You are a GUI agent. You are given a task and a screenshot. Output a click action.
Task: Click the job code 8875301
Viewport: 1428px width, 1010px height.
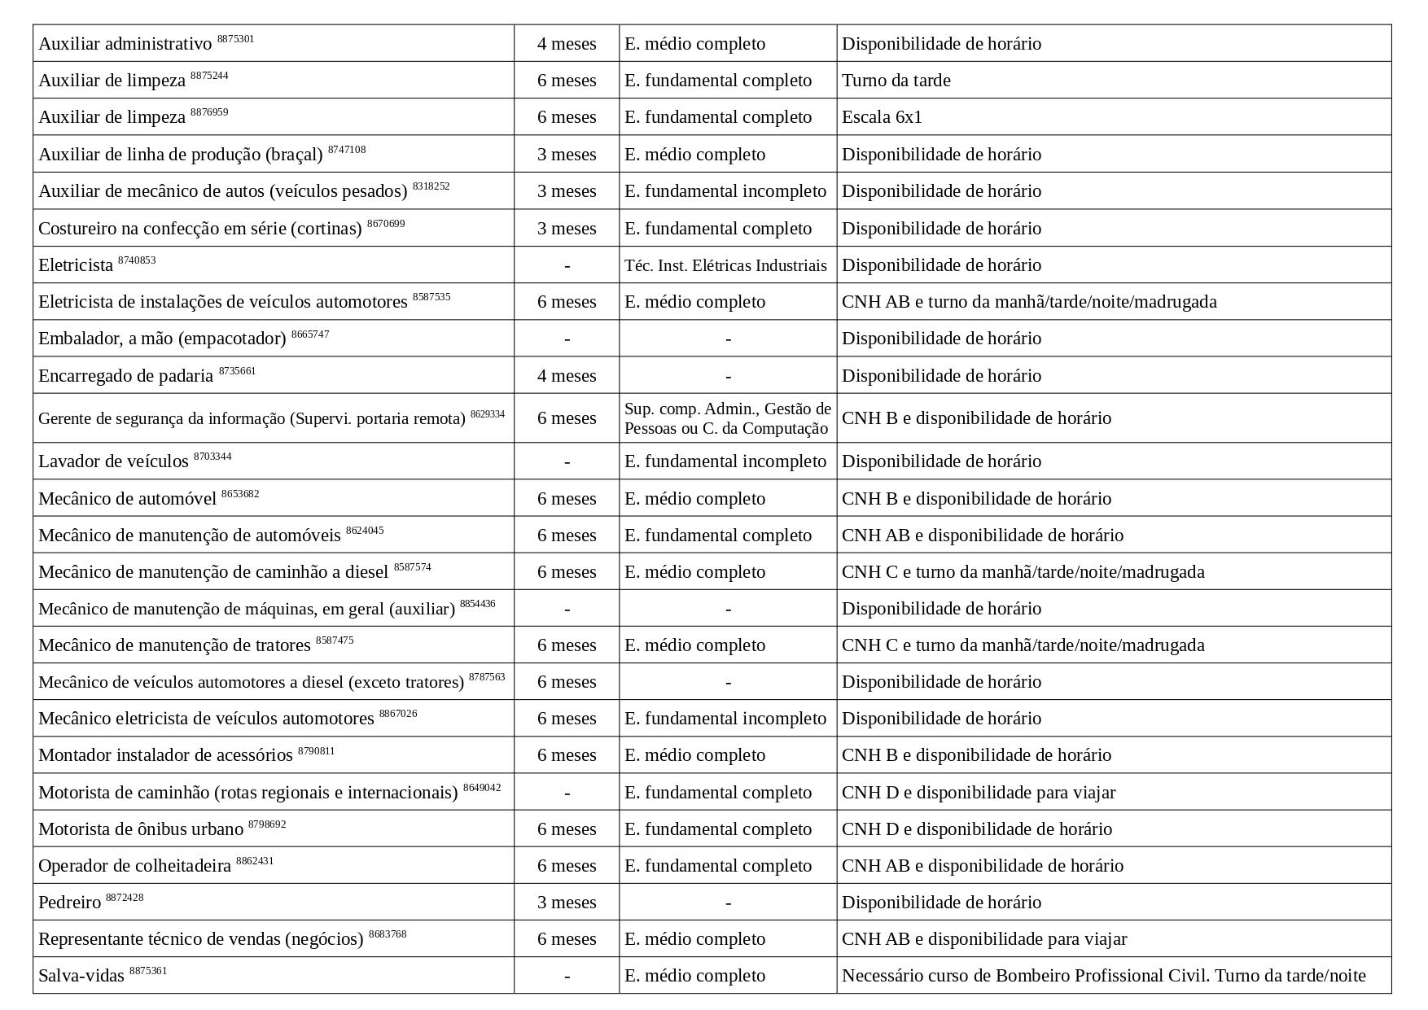[235, 39]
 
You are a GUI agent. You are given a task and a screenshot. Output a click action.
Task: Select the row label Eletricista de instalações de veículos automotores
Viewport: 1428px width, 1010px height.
[222, 302]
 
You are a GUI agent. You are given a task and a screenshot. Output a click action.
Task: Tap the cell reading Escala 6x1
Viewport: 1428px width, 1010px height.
[882, 117]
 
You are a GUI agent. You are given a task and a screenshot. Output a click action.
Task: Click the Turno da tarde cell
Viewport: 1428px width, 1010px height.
[896, 81]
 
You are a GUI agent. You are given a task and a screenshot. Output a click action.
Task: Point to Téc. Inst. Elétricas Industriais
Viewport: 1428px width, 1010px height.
[725, 265]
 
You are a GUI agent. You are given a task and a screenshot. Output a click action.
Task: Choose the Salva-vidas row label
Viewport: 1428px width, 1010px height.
[81, 976]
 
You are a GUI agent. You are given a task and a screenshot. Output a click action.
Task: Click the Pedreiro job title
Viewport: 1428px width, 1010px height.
[70, 903]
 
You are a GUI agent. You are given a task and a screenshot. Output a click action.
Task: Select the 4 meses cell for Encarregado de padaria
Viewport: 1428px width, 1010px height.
[567, 376]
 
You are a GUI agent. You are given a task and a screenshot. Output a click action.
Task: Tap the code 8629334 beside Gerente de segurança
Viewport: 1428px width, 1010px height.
[487, 414]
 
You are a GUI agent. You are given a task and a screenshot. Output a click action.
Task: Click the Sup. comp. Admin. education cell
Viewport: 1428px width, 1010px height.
[727, 418]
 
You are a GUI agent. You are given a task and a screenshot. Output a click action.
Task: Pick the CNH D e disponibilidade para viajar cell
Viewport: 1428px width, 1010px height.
[979, 793]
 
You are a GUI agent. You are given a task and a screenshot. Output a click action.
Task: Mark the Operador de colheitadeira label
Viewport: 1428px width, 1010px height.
[135, 866]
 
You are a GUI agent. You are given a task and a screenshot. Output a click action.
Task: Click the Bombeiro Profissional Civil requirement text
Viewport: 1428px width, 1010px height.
[1103, 976]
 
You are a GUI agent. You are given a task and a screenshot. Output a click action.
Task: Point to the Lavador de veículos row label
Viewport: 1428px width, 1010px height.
[113, 461]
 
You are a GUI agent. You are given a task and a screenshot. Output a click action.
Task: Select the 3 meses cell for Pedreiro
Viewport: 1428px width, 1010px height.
[567, 903]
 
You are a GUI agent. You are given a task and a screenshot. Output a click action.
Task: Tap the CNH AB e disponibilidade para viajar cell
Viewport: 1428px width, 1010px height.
[984, 939]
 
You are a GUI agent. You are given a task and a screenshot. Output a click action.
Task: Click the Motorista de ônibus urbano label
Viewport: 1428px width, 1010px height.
[141, 829]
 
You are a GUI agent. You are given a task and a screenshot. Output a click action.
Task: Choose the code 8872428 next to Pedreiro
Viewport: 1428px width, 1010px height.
[125, 898]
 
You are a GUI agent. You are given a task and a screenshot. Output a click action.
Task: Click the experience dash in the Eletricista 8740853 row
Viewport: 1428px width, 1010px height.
[567, 265]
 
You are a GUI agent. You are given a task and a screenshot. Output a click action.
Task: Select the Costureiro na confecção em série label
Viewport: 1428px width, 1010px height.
[199, 229]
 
